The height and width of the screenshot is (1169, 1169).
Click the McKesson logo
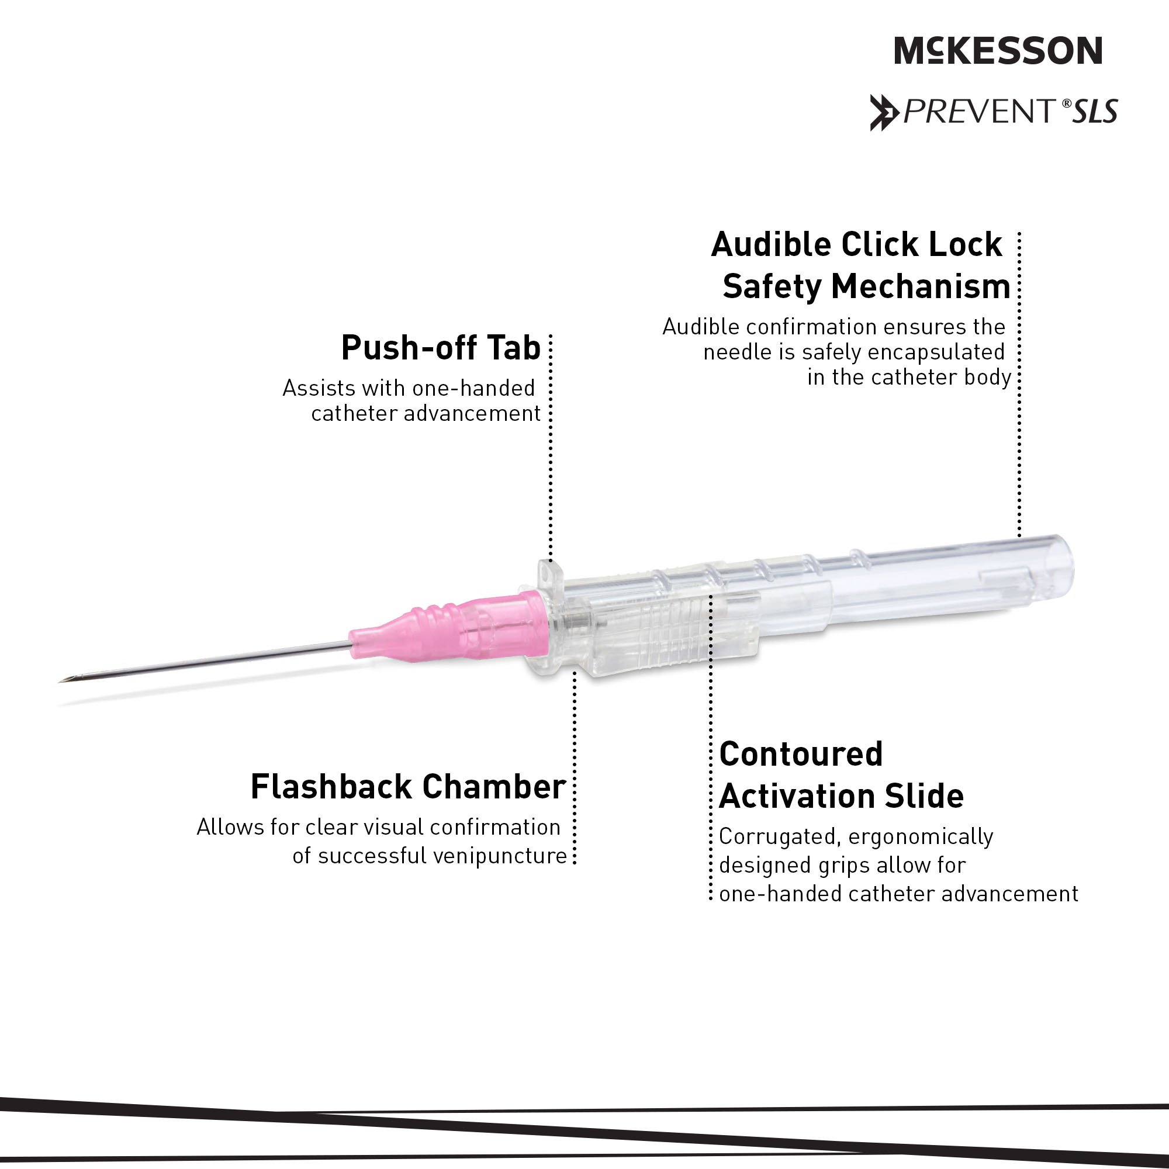pyautogui.click(x=998, y=51)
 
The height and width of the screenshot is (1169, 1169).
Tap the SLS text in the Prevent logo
pyautogui.click(x=1095, y=112)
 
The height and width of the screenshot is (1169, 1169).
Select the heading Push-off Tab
pyautogui.click(x=441, y=348)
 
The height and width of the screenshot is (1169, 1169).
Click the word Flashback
pyautogui.click(x=331, y=787)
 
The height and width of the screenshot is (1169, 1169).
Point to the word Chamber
pyautogui.click(x=494, y=787)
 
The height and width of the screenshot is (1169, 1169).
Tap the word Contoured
pyautogui.click(x=801, y=755)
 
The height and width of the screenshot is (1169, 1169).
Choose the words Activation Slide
pyautogui.click(x=841, y=796)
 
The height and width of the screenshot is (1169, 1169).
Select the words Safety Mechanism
pyautogui.click(x=866, y=286)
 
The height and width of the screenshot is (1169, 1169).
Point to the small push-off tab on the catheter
pyautogui.click(x=548, y=572)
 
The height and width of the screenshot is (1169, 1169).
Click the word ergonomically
pyautogui.click(x=921, y=836)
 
